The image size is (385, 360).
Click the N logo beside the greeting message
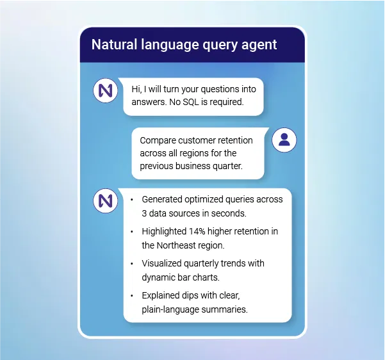pyautogui.click(x=106, y=91)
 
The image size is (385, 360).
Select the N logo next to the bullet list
pyautogui.click(x=106, y=201)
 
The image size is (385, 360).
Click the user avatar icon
pyautogui.click(x=284, y=140)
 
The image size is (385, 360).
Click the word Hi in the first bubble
pyautogui.click(x=136, y=89)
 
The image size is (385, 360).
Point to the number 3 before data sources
pyautogui.click(x=144, y=213)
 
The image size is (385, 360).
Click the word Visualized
pyautogui.click(x=162, y=263)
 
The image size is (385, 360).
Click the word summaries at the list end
pyautogui.click(x=225, y=309)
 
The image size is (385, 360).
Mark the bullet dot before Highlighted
pyautogui.click(x=132, y=231)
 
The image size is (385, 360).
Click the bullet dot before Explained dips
pyautogui.click(x=132, y=296)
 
